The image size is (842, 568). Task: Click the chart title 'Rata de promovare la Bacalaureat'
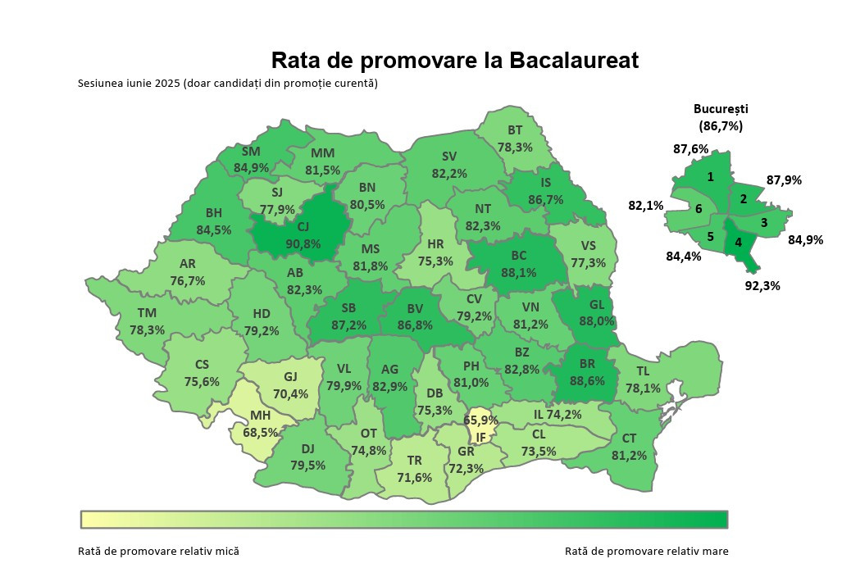[x=454, y=61]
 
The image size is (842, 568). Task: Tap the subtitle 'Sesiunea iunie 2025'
[x=227, y=84]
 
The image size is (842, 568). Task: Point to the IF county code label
[x=481, y=436]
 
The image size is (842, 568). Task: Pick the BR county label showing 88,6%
[x=587, y=373]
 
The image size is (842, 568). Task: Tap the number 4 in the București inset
[x=738, y=243]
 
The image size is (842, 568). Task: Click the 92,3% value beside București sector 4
[x=762, y=286]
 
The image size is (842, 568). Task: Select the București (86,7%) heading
[x=721, y=117]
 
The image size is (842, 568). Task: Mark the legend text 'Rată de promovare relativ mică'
[x=159, y=551]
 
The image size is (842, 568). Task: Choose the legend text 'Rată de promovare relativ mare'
[x=646, y=551]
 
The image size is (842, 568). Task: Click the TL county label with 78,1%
[x=642, y=380]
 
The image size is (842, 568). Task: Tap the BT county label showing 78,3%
[x=515, y=139]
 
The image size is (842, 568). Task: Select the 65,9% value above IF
[x=480, y=420]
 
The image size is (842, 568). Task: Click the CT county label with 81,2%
[x=629, y=447]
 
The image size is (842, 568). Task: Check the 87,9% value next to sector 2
[x=784, y=180]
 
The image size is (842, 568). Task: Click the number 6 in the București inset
[x=698, y=209]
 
